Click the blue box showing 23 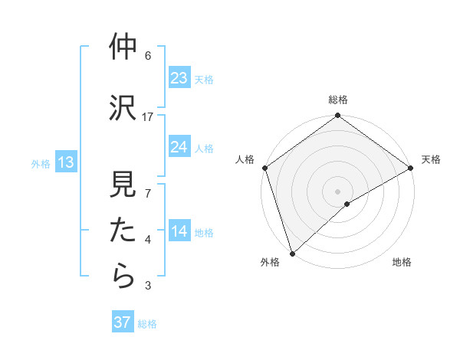[x=179, y=78]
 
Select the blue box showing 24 [x=179, y=147]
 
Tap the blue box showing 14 [x=179, y=232]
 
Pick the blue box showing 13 [x=65, y=162]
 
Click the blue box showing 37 [x=123, y=322]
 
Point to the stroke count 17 [x=148, y=116]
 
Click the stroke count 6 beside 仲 [x=148, y=56]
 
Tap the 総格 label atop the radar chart [x=338, y=100]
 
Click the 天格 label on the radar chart [x=431, y=159]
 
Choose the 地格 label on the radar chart [x=402, y=262]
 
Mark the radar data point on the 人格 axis [x=265, y=167]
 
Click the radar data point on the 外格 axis [x=292, y=253]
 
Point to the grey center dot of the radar [x=337, y=191]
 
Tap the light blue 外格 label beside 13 [x=41, y=163]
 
